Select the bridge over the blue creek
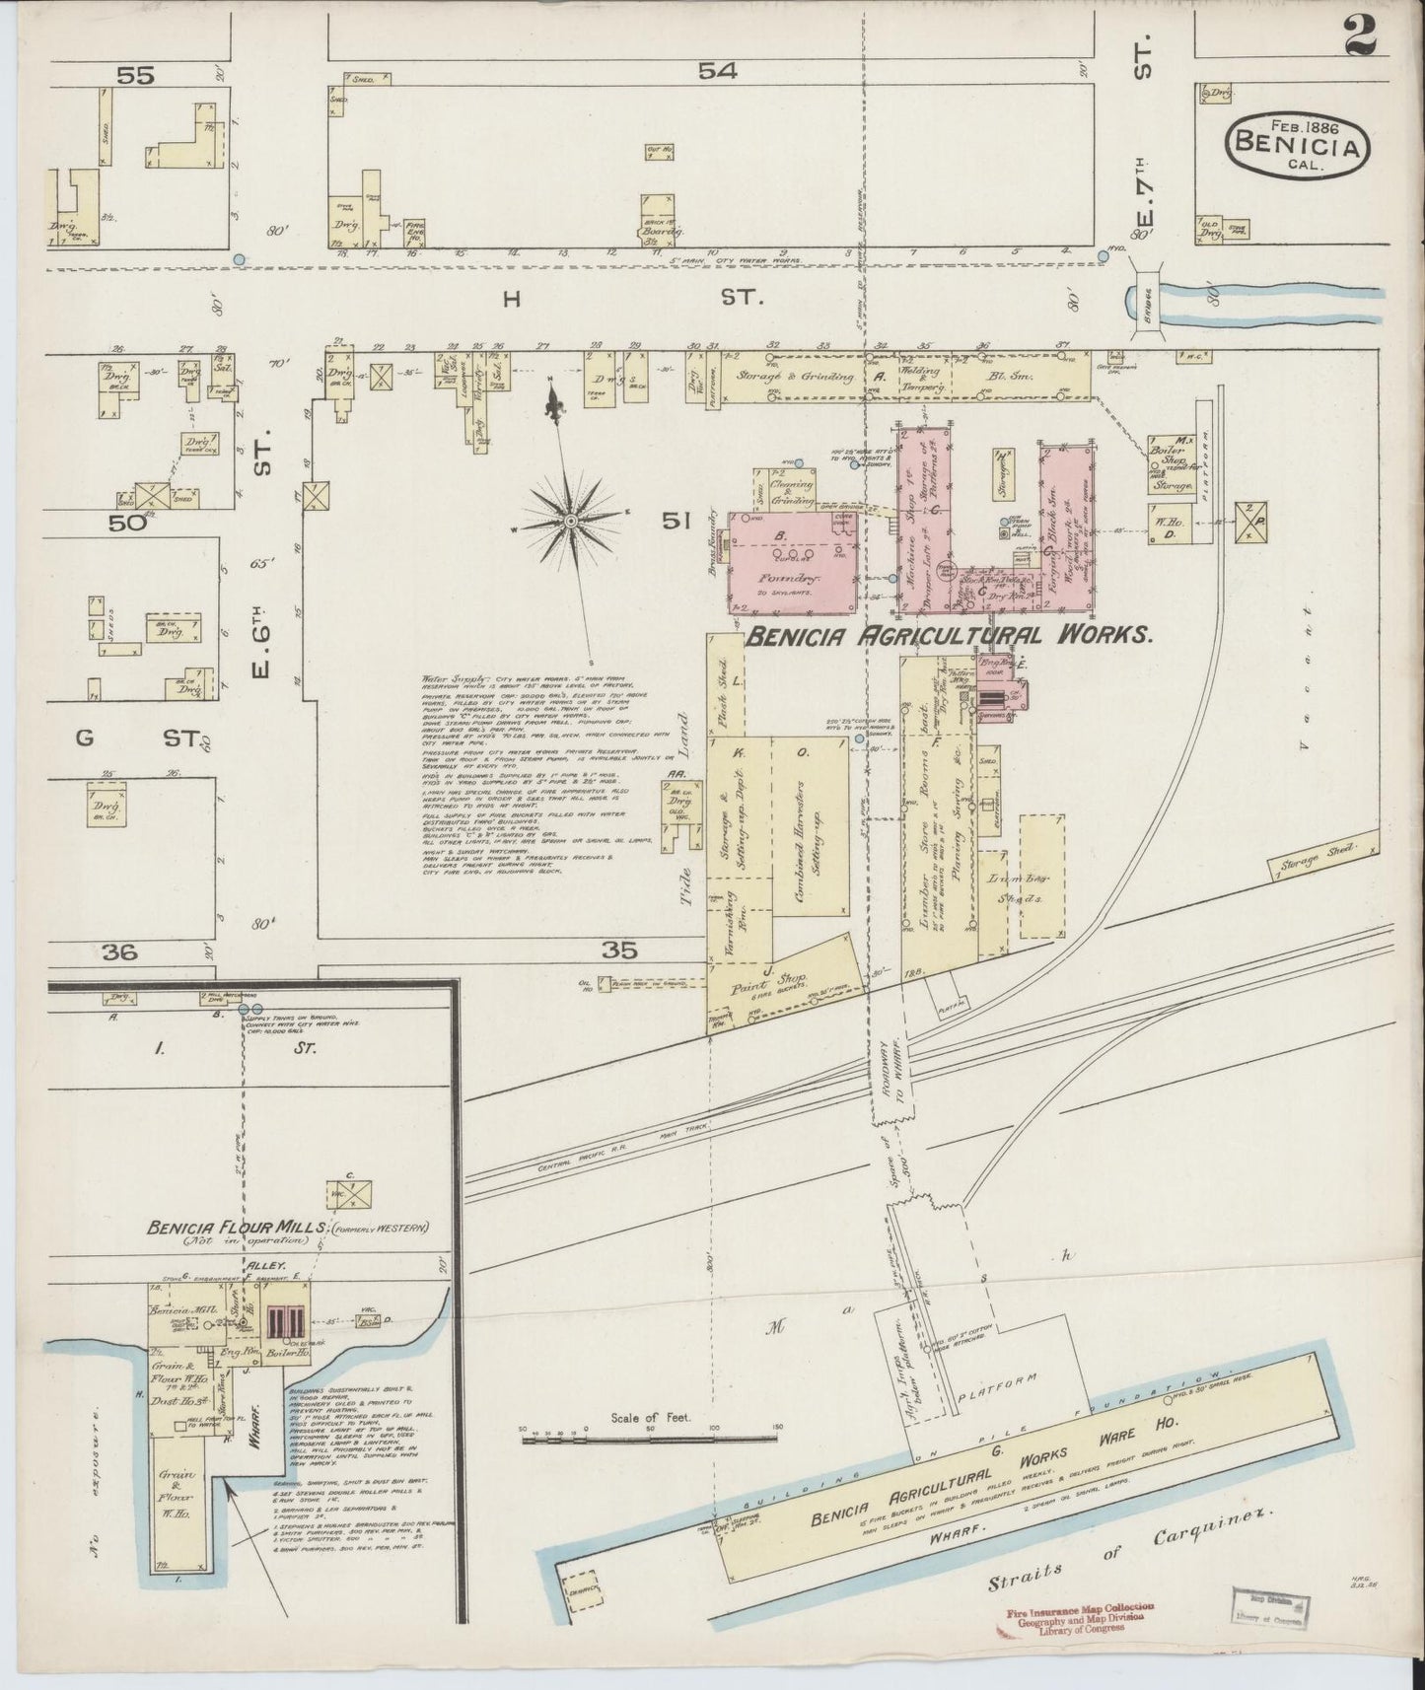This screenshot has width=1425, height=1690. coord(1145,297)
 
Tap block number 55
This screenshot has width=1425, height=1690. coord(138,75)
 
